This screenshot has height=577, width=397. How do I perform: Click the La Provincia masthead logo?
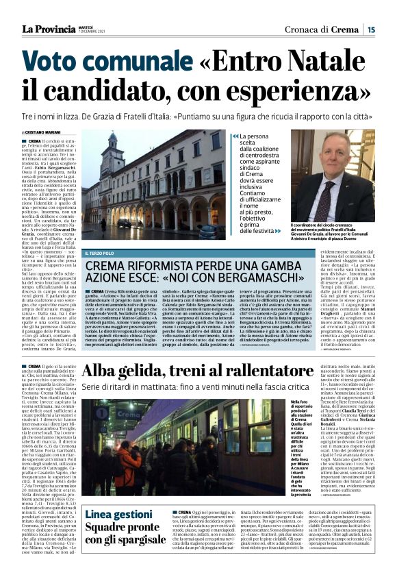point(50,29)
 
